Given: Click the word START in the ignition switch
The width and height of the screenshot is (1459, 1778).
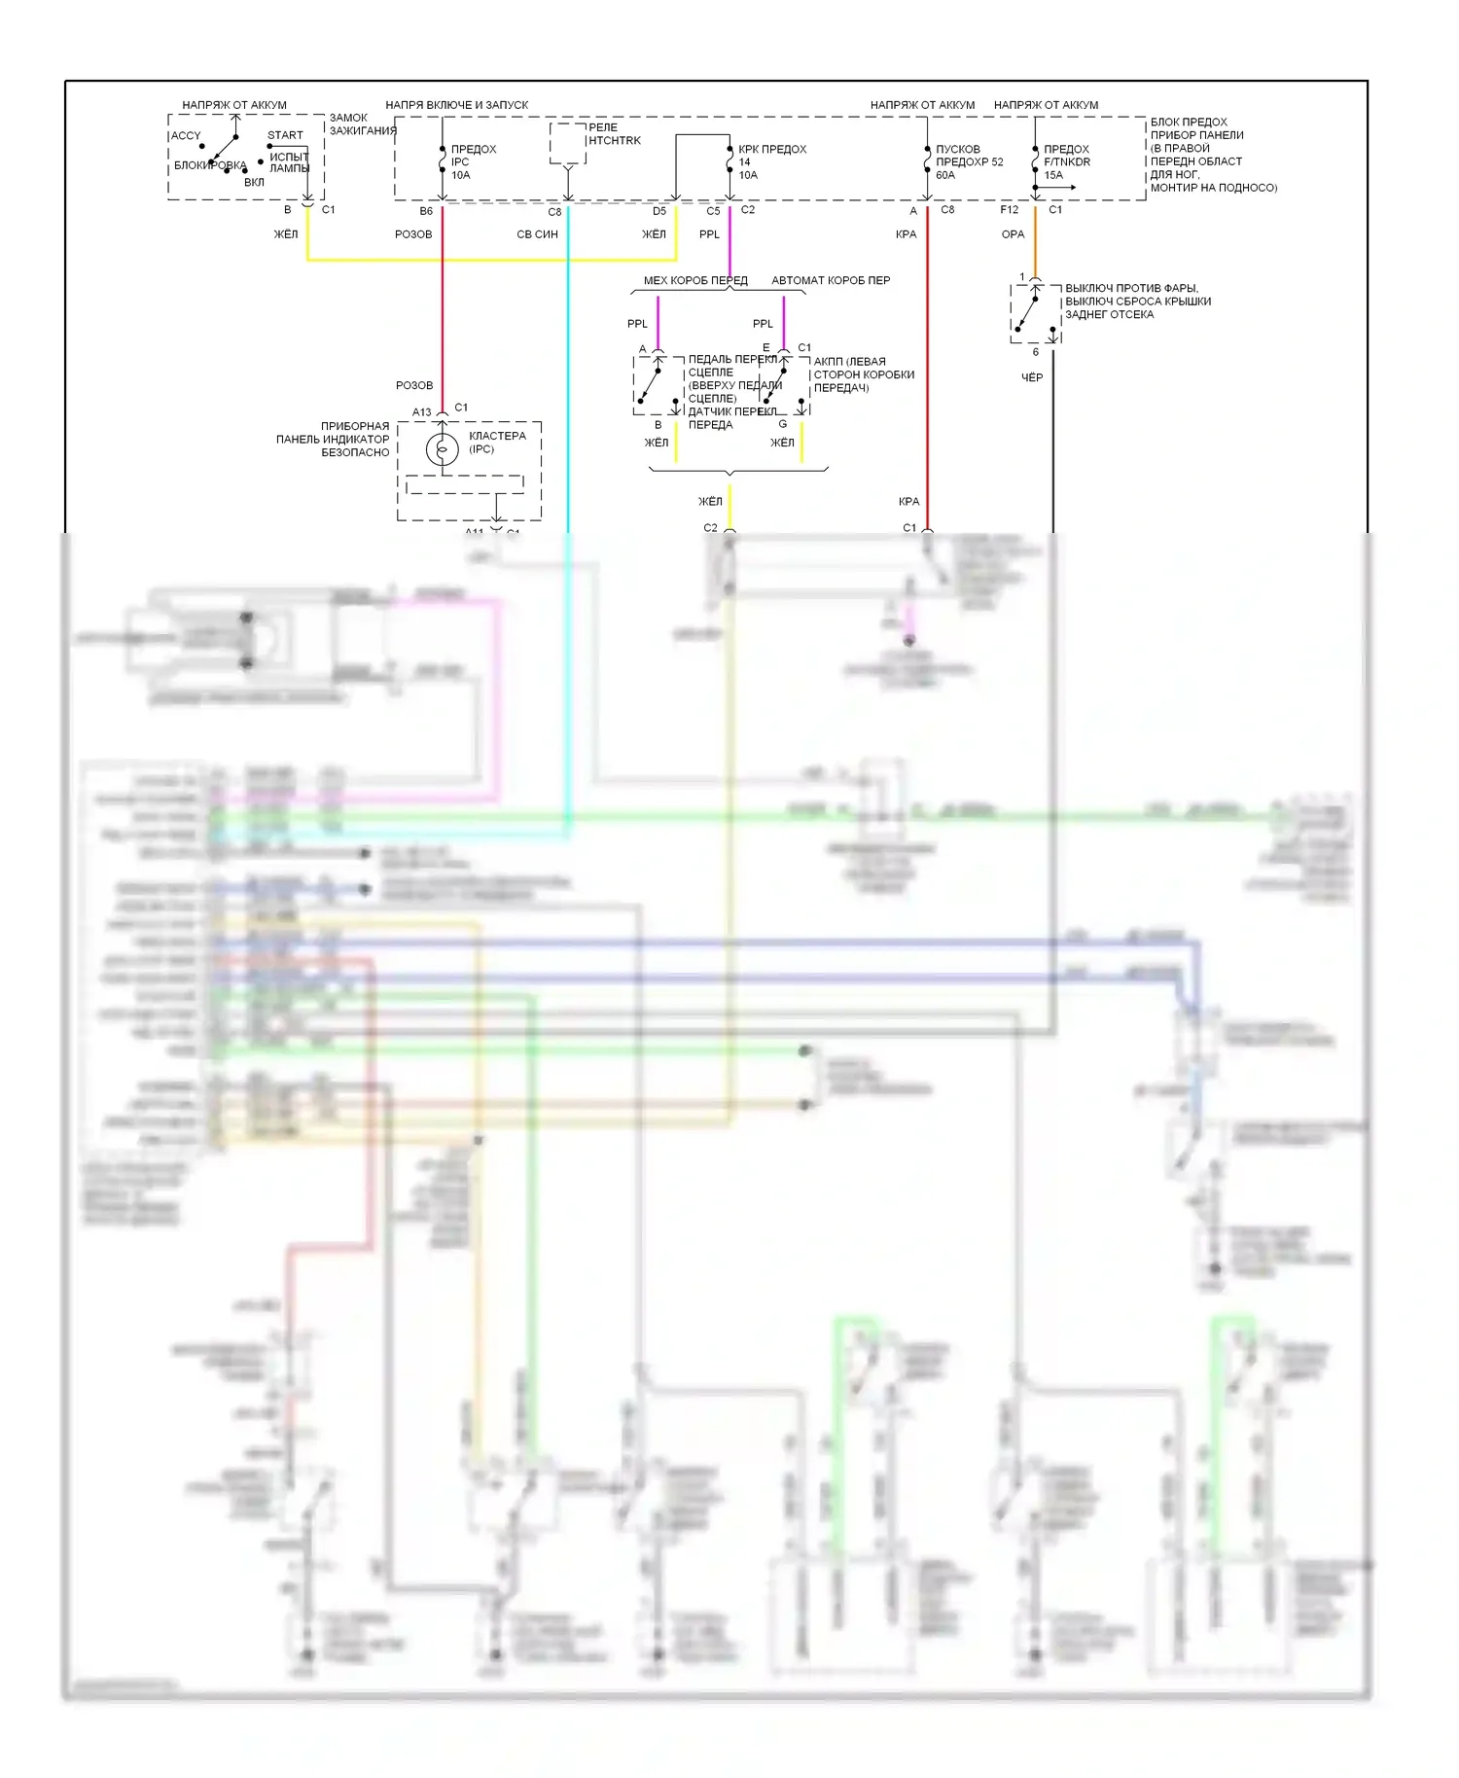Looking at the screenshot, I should [x=285, y=135].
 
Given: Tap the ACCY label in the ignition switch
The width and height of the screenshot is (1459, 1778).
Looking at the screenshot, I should [x=186, y=136].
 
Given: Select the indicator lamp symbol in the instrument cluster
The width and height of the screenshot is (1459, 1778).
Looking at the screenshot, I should [x=443, y=449].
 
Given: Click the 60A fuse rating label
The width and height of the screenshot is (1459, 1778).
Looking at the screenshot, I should [x=945, y=176].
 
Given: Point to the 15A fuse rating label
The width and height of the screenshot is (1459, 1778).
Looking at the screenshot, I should [x=1053, y=176].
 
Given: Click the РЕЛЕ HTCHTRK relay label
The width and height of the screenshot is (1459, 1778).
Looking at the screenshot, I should [x=615, y=134].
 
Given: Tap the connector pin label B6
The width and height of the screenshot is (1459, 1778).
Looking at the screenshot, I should [x=426, y=211].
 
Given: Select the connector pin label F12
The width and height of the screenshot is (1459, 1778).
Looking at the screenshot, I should [x=1009, y=210].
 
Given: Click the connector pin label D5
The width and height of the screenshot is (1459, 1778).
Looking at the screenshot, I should [x=659, y=211].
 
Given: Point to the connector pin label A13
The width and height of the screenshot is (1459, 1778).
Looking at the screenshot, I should [x=421, y=412].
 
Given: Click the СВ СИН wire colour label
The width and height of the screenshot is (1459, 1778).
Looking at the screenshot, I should [x=537, y=234].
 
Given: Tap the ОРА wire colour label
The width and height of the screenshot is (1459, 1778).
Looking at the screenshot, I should [x=1013, y=234].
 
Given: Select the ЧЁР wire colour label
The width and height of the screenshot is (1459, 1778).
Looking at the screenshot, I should [x=1032, y=377].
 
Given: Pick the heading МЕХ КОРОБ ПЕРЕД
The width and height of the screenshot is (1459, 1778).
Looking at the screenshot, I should [x=695, y=281].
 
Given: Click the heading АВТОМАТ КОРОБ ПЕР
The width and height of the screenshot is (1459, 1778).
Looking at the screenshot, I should [x=831, y=281].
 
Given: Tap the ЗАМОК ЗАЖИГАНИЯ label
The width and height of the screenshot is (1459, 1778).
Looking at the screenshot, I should [x=362, y=124].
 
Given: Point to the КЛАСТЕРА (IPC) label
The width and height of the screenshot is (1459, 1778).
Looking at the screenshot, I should [x=497, y=443].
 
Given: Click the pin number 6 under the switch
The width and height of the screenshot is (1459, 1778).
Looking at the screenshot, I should [x=1035, y=352].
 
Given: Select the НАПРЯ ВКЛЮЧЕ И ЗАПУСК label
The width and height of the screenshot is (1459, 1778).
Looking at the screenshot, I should [x=456, y=105].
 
